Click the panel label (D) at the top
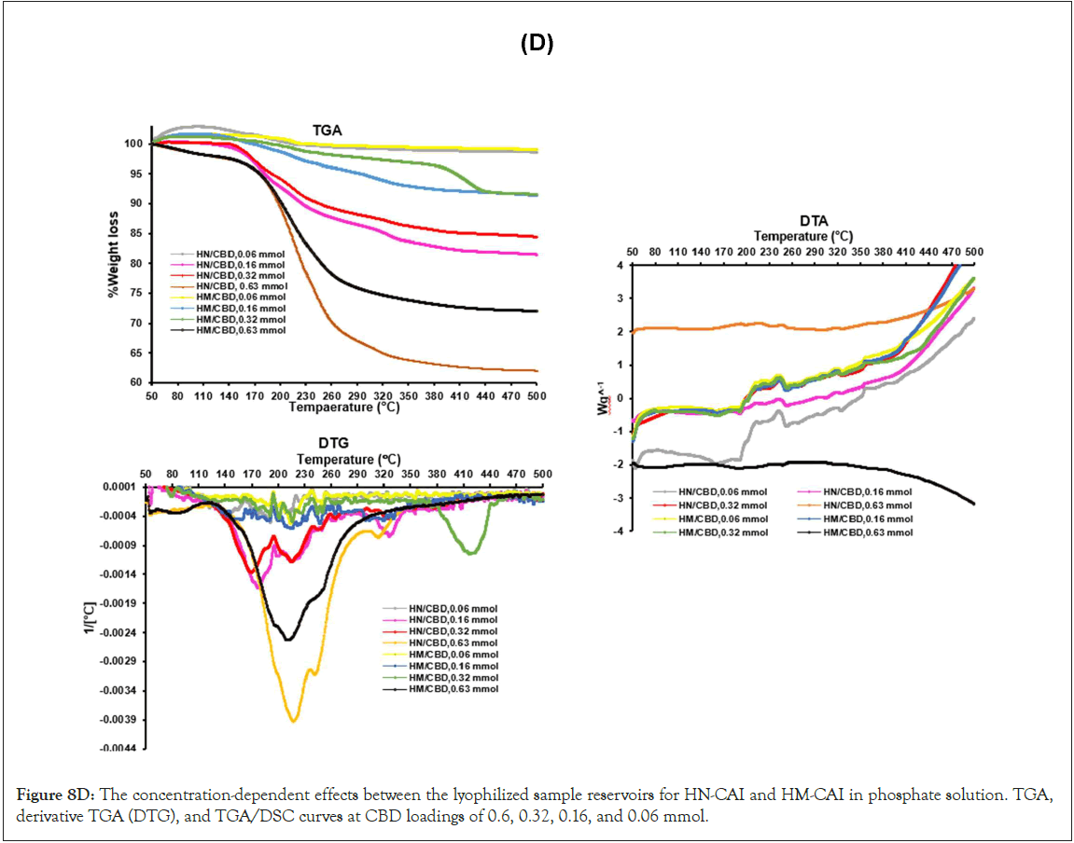coord(537,46)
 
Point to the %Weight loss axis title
coord(114,263)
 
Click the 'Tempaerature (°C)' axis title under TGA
coord(345,408)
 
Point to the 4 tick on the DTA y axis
coord(618,266)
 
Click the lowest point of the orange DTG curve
coord(294,721)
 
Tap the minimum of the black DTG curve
coord(289,640)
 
